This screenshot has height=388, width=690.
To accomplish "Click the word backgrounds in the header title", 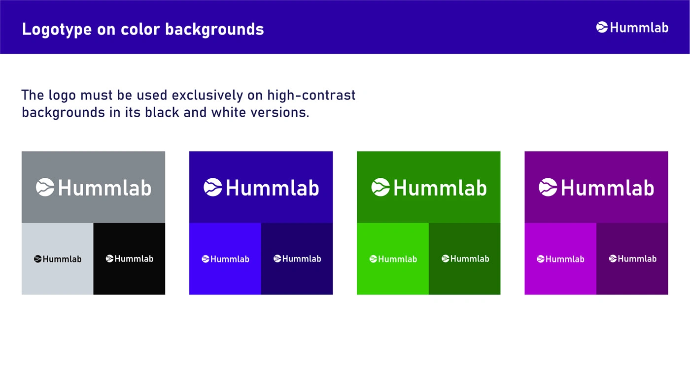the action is coord(214,30).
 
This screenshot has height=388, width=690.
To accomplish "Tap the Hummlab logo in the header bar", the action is coord(632,28).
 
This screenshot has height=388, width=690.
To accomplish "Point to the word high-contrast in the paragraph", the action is coord(311,95).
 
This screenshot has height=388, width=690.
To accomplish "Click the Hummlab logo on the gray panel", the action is coord(93,187).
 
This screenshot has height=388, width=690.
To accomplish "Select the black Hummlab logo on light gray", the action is coord(58,259).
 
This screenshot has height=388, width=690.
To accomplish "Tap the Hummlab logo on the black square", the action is coord(129,259).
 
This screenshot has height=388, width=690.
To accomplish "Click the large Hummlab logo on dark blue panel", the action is coord(261,187).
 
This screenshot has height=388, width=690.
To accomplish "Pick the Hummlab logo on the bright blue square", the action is coord(225,259).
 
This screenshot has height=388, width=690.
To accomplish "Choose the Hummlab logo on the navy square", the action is coord(297,259).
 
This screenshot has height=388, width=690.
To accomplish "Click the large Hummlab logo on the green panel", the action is coord(429,187).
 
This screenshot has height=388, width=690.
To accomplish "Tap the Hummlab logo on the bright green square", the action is coord(393,259).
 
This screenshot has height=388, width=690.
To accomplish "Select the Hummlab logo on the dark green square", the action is coord(465,259).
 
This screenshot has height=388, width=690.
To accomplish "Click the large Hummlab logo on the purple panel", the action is coord(596,187).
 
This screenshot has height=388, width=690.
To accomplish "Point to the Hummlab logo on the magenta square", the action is coord(560,259).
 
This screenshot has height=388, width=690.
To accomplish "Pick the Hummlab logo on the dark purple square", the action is coord(632,259).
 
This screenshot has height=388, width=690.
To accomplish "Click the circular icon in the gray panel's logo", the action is coord(45,187).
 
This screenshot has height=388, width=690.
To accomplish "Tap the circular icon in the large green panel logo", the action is coord(380,187).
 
